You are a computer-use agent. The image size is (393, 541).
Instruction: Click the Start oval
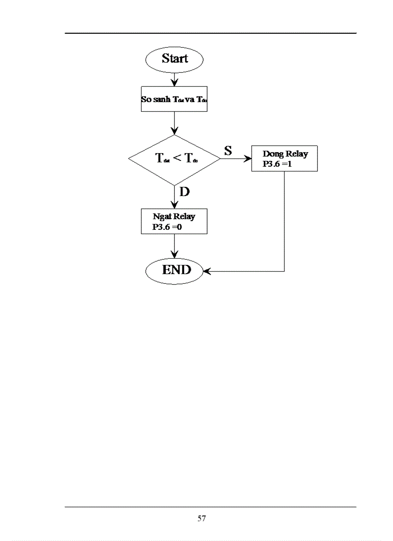tap(174, 59)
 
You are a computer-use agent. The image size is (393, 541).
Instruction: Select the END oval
tap(176, 270)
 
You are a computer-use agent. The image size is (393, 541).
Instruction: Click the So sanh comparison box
tap(174, 100)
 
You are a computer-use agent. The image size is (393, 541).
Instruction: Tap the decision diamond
tap(174, 159)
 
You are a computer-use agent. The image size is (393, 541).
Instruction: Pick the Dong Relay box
tap(284, 159)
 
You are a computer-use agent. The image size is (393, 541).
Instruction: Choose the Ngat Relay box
tap(174, 221)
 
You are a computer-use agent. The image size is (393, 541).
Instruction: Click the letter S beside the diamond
tap(228, 150)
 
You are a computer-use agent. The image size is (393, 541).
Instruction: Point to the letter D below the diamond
tap(184, 192)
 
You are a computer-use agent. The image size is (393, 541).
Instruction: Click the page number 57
tap(201, 519)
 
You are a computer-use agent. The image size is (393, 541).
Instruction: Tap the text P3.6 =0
tap(167, 226)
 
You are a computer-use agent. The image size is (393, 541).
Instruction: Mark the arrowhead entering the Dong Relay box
tap(248, 159)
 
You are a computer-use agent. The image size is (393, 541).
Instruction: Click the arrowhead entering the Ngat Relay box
tap(174, 205)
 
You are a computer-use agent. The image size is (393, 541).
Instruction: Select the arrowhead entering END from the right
tap(207, 271)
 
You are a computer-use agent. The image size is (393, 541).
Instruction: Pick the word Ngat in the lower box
tap(162, 217)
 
